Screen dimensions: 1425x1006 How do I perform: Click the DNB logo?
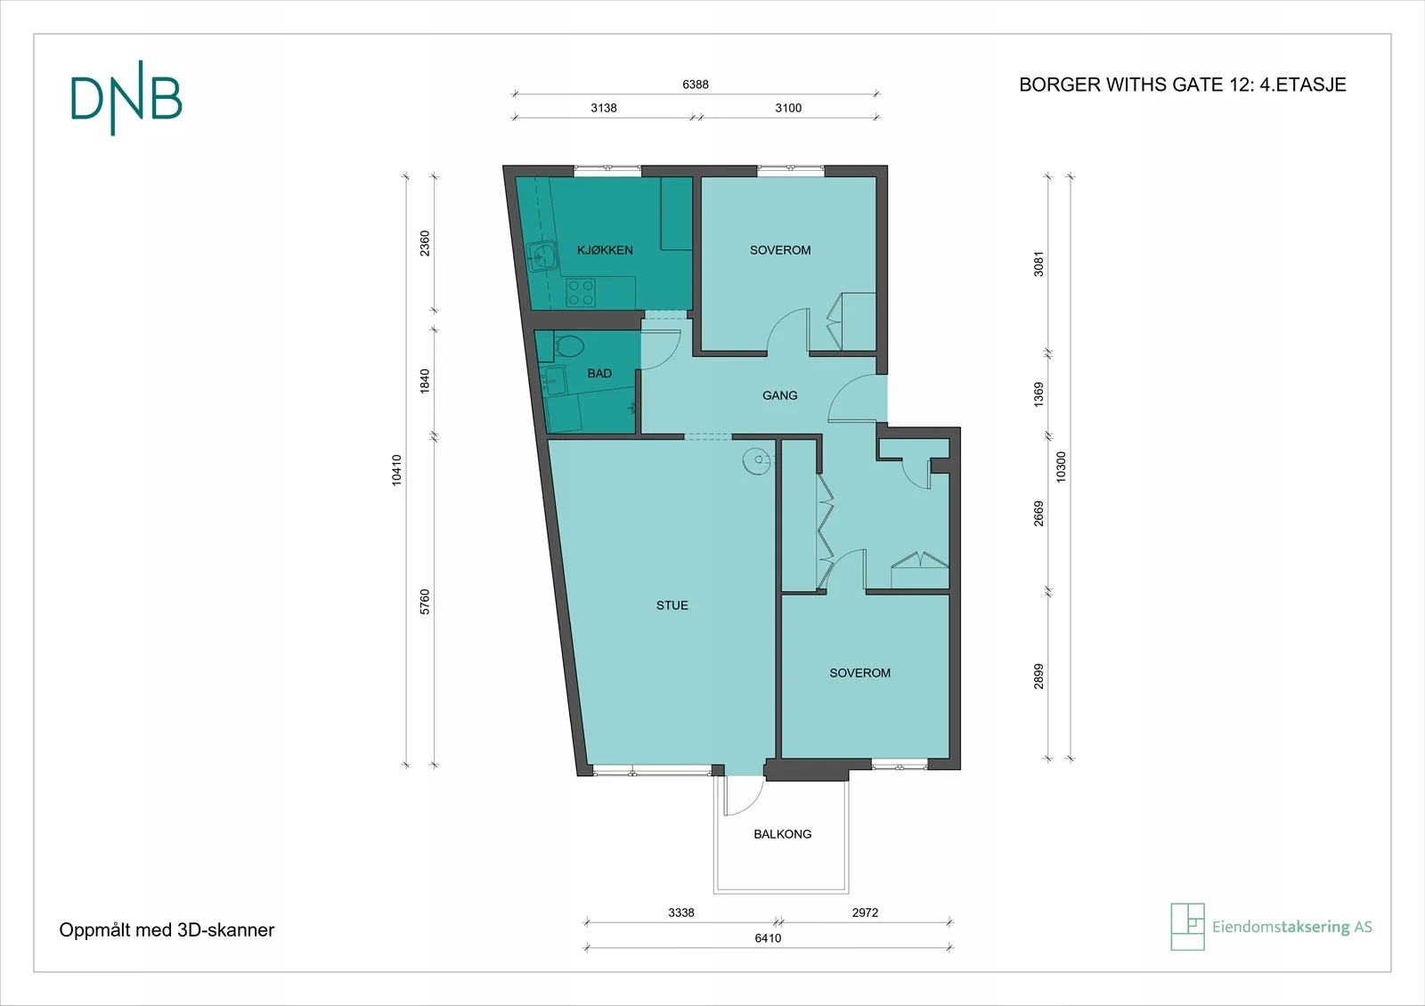click(x=126, y=99)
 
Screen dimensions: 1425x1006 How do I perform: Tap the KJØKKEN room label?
click(x=605, y=250)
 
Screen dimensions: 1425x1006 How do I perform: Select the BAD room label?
click(x=599, y=373)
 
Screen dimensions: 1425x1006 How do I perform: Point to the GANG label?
click(x=779, y=395)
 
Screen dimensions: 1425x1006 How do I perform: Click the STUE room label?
click(x=672, y=605)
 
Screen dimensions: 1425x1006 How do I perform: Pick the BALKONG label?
click(x=783, y=834)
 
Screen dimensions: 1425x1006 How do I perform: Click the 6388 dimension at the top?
click(x=696, y=85)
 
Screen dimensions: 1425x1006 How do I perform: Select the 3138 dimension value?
click(x=604, y=108)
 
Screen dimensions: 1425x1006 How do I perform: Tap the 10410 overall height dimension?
click(x=396, y=471)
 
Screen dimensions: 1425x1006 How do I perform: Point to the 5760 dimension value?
click(x=424, y=602)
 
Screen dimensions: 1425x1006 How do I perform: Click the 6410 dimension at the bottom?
click(x=768, y=938)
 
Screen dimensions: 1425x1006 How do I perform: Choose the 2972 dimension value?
click(x=865, y=913)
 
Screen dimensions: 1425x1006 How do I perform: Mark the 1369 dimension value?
click(x=1038, y=395)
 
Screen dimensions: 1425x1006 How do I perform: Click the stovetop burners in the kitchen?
click(x=581, y=293)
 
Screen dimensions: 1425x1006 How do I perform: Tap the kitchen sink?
click(x=542, y=256)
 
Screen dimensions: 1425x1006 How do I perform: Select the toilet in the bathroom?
click(x=568, y=346)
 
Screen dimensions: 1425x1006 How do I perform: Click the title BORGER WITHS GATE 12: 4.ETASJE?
click(x=1183, y=85)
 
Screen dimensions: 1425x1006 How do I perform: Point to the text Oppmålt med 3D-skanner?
click(x=167, y=930)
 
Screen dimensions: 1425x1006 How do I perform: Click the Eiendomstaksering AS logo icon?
click(x=1187, y=927)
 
